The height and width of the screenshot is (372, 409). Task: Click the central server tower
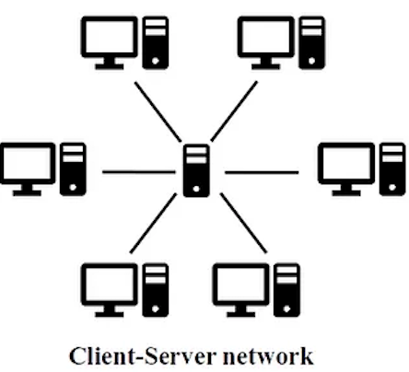[x=196, y=170]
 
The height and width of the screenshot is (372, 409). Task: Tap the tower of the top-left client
[x=156, y=43]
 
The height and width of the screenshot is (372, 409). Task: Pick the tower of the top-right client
[x=311, y=43]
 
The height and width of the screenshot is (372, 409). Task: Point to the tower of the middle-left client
[x=73, y=169]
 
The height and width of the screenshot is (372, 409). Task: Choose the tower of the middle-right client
[x=392, y=169]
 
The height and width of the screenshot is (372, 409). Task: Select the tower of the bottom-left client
[x=156, y=290]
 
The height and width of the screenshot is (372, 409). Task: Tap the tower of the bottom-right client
[x=286, y=290]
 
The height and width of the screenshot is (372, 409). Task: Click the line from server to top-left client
[x=158, y=112]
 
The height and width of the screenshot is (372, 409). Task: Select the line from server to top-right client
[x=234, y=111]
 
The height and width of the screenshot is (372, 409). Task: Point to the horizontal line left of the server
[x=139, y=172]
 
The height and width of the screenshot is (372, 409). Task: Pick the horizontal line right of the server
[x=262, y=172]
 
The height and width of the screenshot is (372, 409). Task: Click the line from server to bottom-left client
[x=154, y=224]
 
